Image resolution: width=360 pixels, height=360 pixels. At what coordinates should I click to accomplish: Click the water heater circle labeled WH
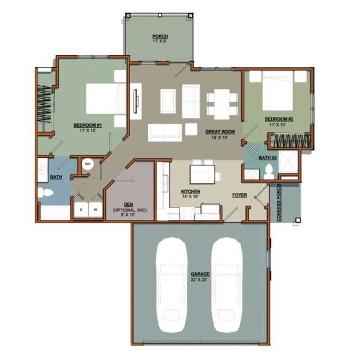pyautogui.click(x=88, y=164)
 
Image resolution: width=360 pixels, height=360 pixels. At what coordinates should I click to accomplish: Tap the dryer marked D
pyautogui.click(x=81, y=210)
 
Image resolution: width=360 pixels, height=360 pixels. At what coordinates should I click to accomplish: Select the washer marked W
pyautogui.click(x=95, y=210)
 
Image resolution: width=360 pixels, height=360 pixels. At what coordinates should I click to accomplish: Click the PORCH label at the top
pyautogui.click(x=160, y=36)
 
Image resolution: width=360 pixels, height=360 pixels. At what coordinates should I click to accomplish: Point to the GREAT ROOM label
pyautogui.click(x=220, y=132)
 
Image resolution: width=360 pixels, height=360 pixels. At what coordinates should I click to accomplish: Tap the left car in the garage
pyautogui.click(x=172, y=285)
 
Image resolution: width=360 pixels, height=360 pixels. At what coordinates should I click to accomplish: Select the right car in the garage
pyautogui.click(x=226, y=285)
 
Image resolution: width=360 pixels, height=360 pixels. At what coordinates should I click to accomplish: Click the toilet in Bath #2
pyautogui.click(x=268, y=171)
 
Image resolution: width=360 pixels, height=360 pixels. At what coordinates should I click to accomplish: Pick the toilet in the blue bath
pyautogui.click(x=46, y=192)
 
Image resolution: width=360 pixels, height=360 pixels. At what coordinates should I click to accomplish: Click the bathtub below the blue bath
pyautogui.click(x=55, y=213)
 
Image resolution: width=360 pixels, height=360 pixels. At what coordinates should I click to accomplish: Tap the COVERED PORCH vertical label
pyautogui.click(x=279, y=203)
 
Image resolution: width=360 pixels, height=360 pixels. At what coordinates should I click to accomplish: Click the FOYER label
pyautogui.click(x=240, y=195)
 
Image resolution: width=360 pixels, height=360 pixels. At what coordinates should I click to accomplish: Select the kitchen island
pyautogui.click(x=202, y=175)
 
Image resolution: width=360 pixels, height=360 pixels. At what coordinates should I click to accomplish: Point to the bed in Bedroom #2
pyautogui.click(x=278, y=90)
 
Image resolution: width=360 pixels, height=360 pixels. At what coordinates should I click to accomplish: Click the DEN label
pyautogui.click(x=128, y=204)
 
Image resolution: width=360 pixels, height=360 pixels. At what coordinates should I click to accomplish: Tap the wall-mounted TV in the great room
pyautogui.click(x=135, y=101)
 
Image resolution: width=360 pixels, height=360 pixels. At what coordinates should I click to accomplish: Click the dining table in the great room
pyautogui.click(x=222, y=104)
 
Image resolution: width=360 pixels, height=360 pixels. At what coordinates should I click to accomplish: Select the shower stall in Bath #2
pyautogui.click(x=288, y=161)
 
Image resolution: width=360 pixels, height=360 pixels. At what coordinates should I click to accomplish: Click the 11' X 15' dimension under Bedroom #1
pyautogui.click(x=88, y=130)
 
